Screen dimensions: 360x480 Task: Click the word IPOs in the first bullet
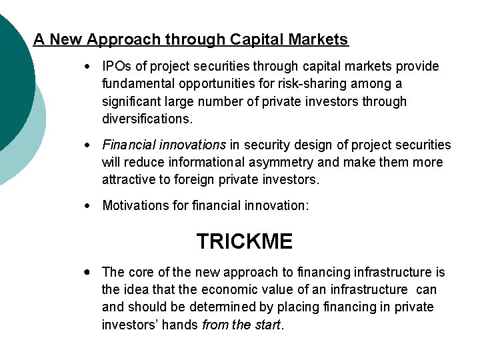(x=115, y=67)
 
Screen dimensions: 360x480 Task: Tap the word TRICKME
(x=244, y=241)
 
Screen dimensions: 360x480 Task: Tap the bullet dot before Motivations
(x=87, y=206)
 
